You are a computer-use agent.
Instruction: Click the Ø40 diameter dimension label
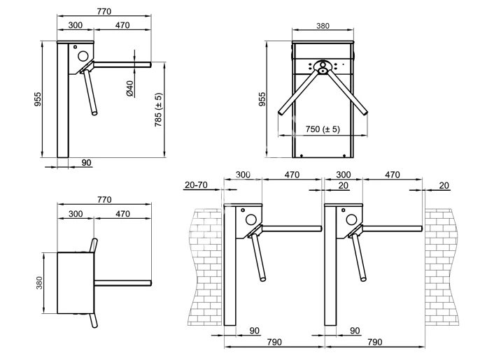coord(130,88)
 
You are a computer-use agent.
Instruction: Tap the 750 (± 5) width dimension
coord(323,129)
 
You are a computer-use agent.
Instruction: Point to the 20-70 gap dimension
coord(197,185)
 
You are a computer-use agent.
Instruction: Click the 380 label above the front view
coord(323,26)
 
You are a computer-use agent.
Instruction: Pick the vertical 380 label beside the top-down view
coord(39,282)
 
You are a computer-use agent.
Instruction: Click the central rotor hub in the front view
coord(323,69)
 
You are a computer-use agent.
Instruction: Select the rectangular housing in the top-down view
coord(76,282)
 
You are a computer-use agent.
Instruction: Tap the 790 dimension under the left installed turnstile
coord(274,342)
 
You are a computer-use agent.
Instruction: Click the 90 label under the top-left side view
coord(86,162)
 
